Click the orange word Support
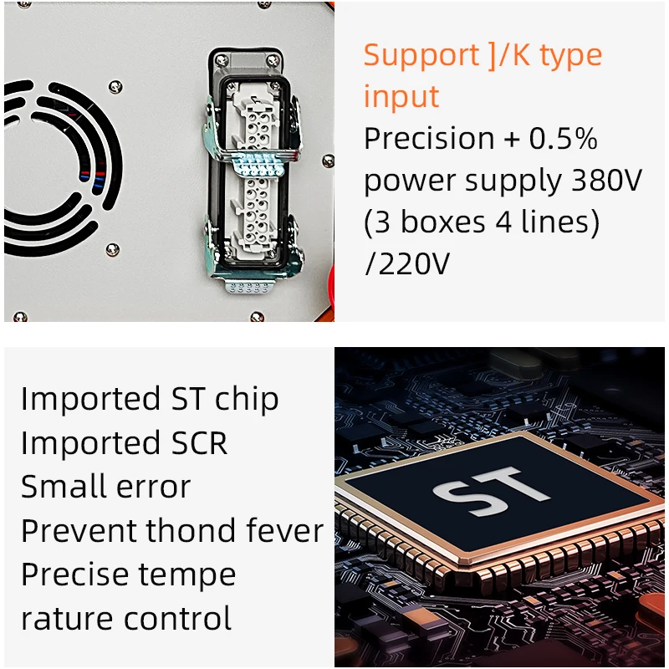421,56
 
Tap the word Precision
429,138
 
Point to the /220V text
407,264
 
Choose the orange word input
401,96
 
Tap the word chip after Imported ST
246,399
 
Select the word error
151,487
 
